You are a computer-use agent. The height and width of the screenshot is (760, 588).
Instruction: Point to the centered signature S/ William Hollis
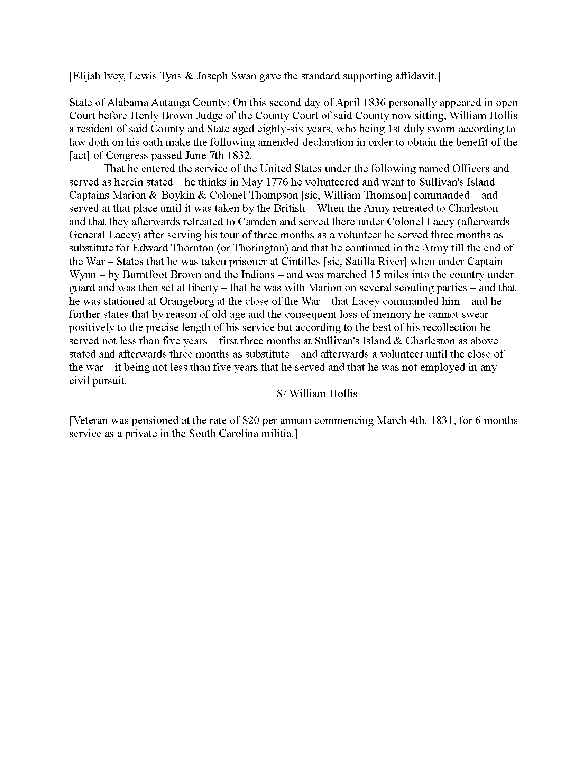pos(317,393)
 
